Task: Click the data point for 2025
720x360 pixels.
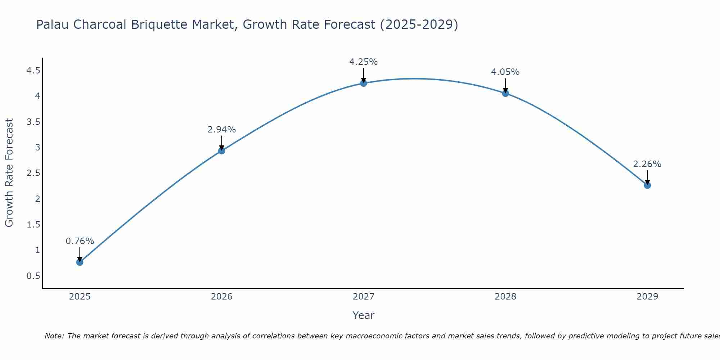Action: tap(80, 262)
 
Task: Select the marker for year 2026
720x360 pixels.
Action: tap(222, 150)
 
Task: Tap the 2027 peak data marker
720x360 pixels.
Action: tap(364, 83)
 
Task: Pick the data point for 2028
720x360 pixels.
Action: tap(505, 93)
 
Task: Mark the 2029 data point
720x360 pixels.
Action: tap(647, 185)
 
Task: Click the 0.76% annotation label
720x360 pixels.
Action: tap(80, 241)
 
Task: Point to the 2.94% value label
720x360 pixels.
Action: tap(222, 130)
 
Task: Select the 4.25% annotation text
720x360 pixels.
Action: tap(364, 62)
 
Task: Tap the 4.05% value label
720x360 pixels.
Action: tap(505, 72)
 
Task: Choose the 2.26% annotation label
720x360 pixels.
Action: tap(647, 164)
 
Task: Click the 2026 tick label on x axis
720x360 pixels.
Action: tap(222, 297)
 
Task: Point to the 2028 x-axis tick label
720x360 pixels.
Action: tap(505, 297)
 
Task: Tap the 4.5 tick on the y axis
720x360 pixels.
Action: tap(33, 70)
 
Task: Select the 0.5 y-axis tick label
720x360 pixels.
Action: tap(33, 276)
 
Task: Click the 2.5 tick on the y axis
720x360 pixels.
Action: tap(33, 173)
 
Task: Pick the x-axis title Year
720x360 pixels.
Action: tap(364, 315)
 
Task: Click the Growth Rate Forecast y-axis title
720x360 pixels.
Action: tap(9, 173)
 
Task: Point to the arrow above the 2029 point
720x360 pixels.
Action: tap(647, 177)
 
